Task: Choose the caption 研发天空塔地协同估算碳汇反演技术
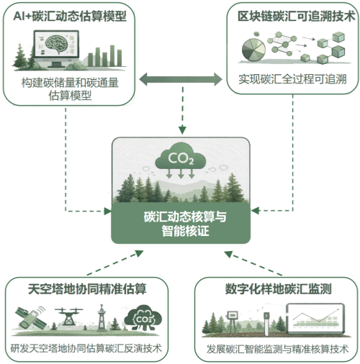tap(86, 348)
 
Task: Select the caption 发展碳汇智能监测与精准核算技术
tap(276, 349)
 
